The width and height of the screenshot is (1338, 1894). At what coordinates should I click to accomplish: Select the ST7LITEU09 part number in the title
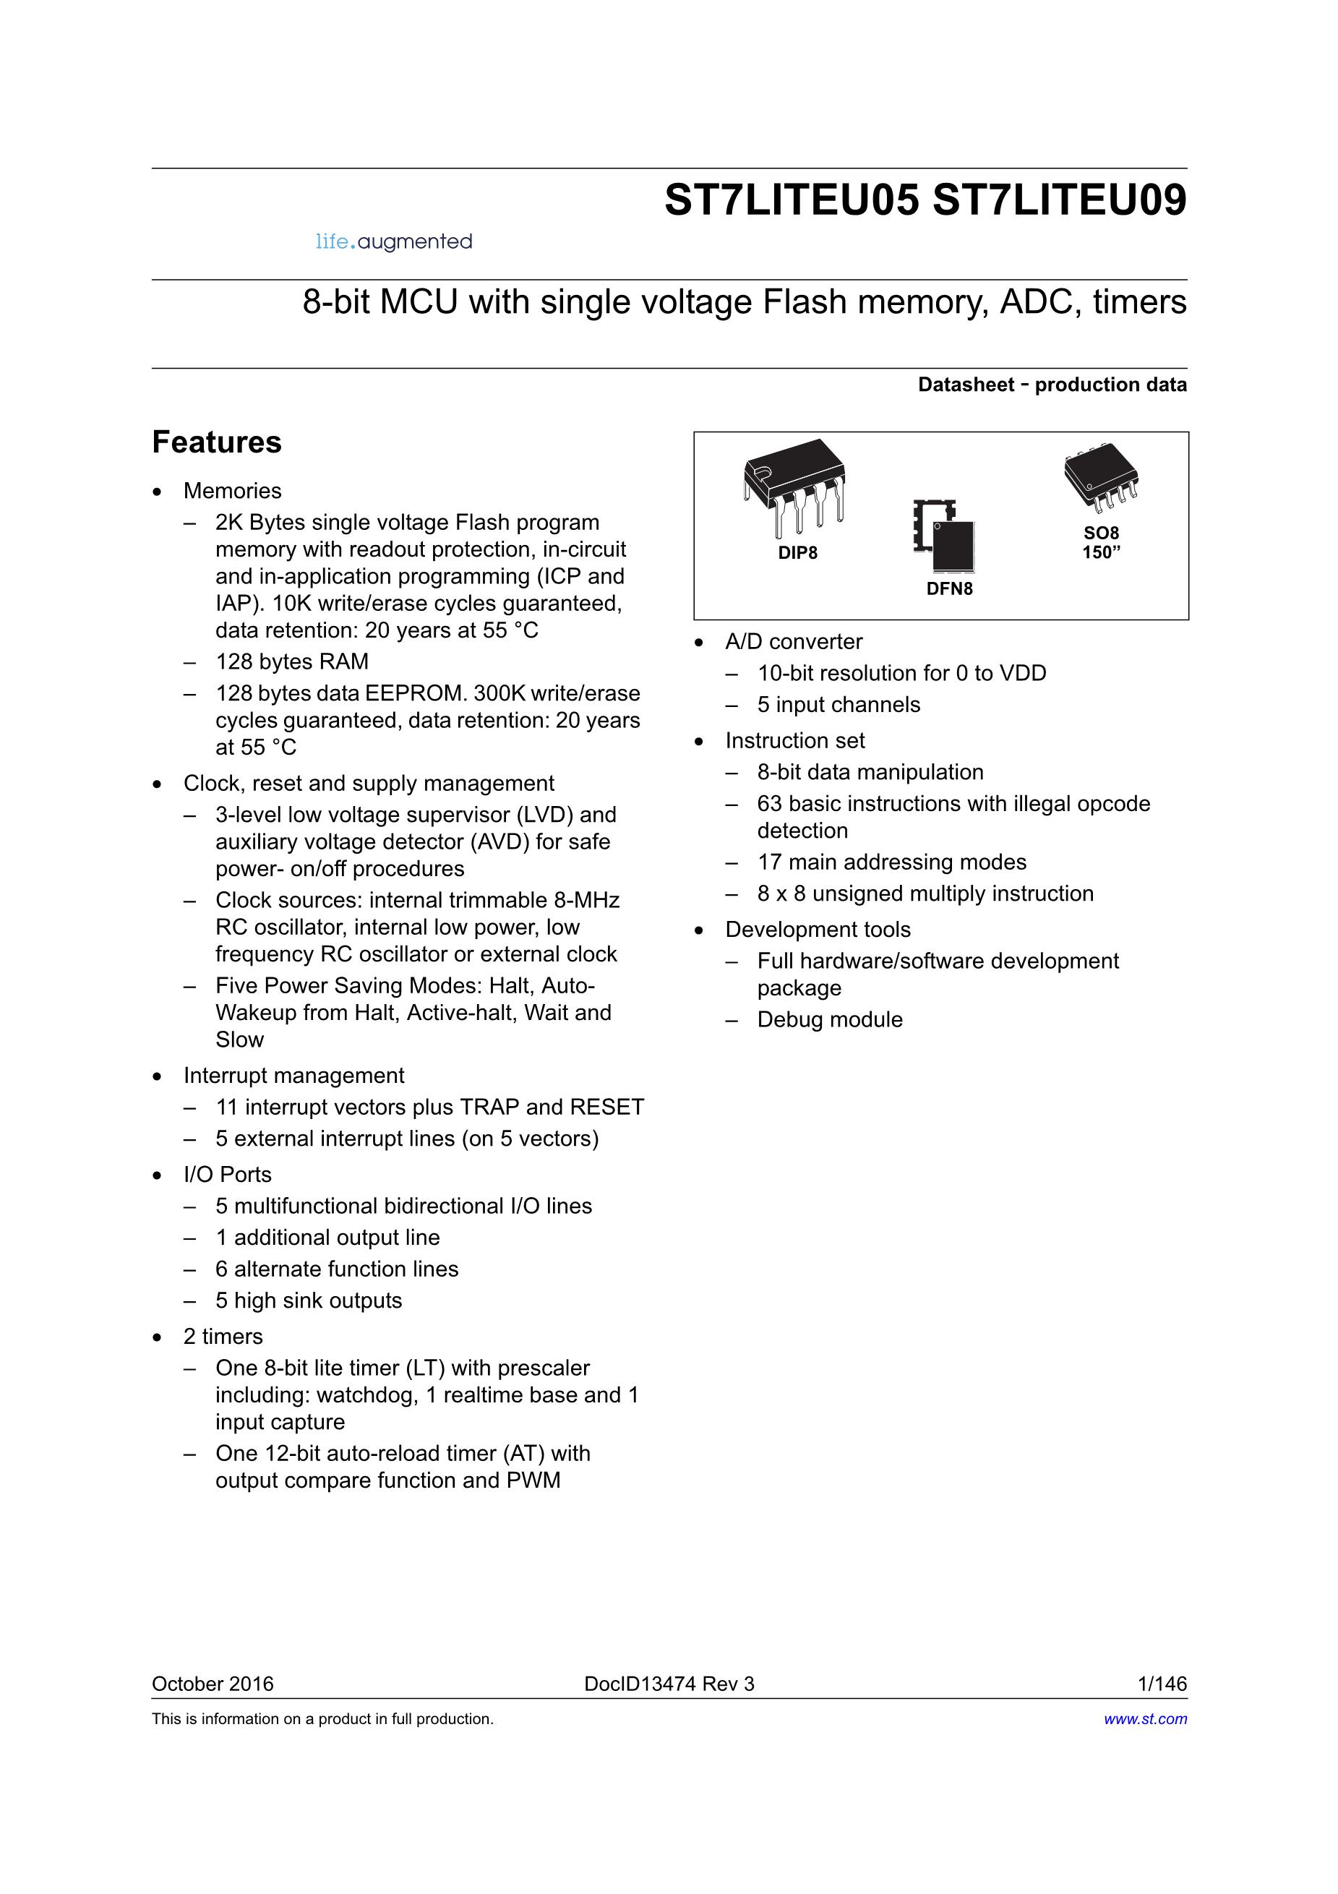tap(1059, 200)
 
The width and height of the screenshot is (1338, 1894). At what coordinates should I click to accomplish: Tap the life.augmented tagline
tap(393, 241)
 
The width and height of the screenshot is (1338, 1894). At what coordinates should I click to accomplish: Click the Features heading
tap(217, 442)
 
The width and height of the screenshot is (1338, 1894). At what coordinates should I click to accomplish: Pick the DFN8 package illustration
tap(945, 536)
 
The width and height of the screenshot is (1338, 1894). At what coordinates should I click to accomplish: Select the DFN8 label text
tap(950, 589)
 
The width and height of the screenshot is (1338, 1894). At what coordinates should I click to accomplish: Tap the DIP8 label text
tap(798, 554)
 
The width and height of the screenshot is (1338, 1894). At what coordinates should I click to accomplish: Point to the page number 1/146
tap(1162, 1684)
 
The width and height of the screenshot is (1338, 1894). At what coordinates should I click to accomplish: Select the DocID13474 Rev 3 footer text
tap(669, 1684)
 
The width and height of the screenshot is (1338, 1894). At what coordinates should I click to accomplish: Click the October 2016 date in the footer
tap(213, 1684)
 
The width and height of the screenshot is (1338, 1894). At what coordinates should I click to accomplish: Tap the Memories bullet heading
tap(233, 491)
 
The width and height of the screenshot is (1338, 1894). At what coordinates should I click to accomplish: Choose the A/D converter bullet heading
tap(794, 642)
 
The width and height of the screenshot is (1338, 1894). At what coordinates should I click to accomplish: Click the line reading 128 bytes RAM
tap(292, 661)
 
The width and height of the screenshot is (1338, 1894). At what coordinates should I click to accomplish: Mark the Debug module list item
tap(830, 1019)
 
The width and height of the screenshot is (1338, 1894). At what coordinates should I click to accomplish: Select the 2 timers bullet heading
tap(223, 1337)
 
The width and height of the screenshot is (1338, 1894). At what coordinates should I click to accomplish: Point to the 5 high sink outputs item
tap(309, 1301)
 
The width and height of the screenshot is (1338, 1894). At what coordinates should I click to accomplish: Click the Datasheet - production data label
tap(1052, 385)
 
